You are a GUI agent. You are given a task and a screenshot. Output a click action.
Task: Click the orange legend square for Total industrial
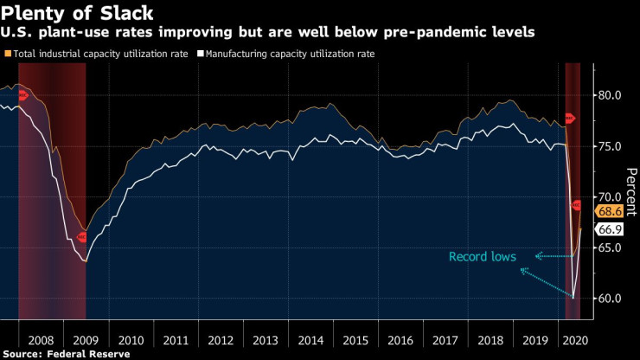[8, 54]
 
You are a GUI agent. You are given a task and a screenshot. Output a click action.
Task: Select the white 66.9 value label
[609, 229]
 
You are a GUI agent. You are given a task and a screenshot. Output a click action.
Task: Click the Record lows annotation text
[483, 256]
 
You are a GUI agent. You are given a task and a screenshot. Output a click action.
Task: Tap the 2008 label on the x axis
[41, 340]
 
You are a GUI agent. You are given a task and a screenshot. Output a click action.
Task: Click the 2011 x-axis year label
[176, 340]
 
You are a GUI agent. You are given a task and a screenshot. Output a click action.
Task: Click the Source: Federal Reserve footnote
[66, 354]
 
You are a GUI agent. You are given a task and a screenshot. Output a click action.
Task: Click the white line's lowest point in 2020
[573, 298]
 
